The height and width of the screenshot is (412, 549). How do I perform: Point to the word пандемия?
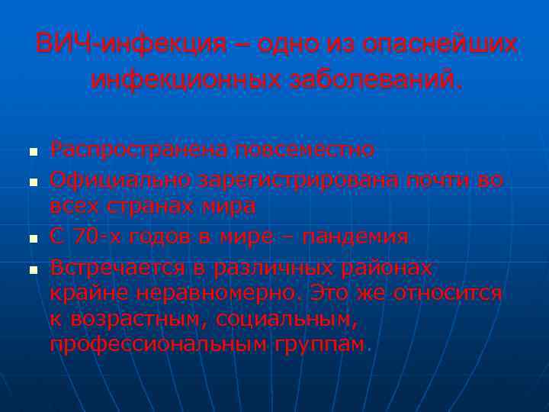pos(355,237)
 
